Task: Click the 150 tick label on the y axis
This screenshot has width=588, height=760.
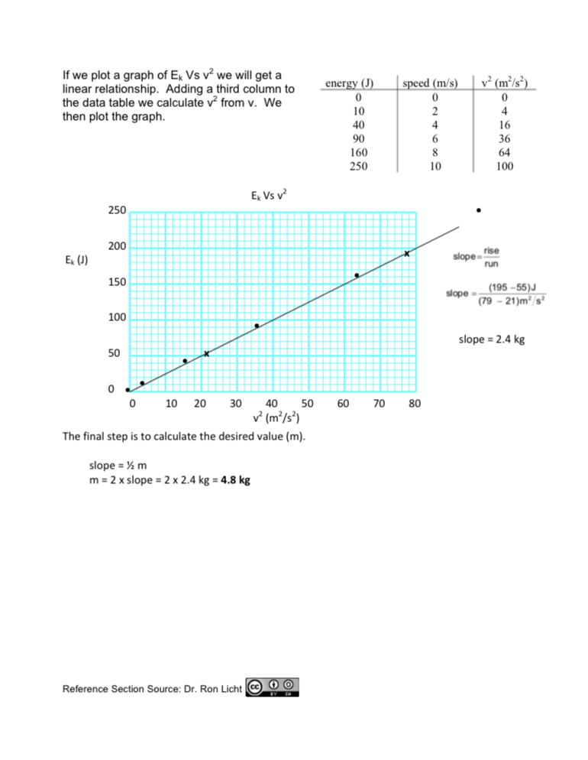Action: (x=116, y=283)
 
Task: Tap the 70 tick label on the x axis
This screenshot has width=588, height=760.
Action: (x=379, y=403)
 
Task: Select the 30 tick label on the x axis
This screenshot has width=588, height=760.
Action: (x=236, y=403)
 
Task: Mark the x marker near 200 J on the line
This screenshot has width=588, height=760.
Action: (x=407, y=253)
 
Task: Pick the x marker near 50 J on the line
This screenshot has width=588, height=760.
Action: (x=206, y=354)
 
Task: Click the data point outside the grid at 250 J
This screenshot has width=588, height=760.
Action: (x=478, y=209)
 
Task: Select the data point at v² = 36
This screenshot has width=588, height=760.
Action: (x=257, y=326)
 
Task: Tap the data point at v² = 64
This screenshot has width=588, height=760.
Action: (x=357, y=275)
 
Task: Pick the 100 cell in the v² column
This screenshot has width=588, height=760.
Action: (x=504, y=166)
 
